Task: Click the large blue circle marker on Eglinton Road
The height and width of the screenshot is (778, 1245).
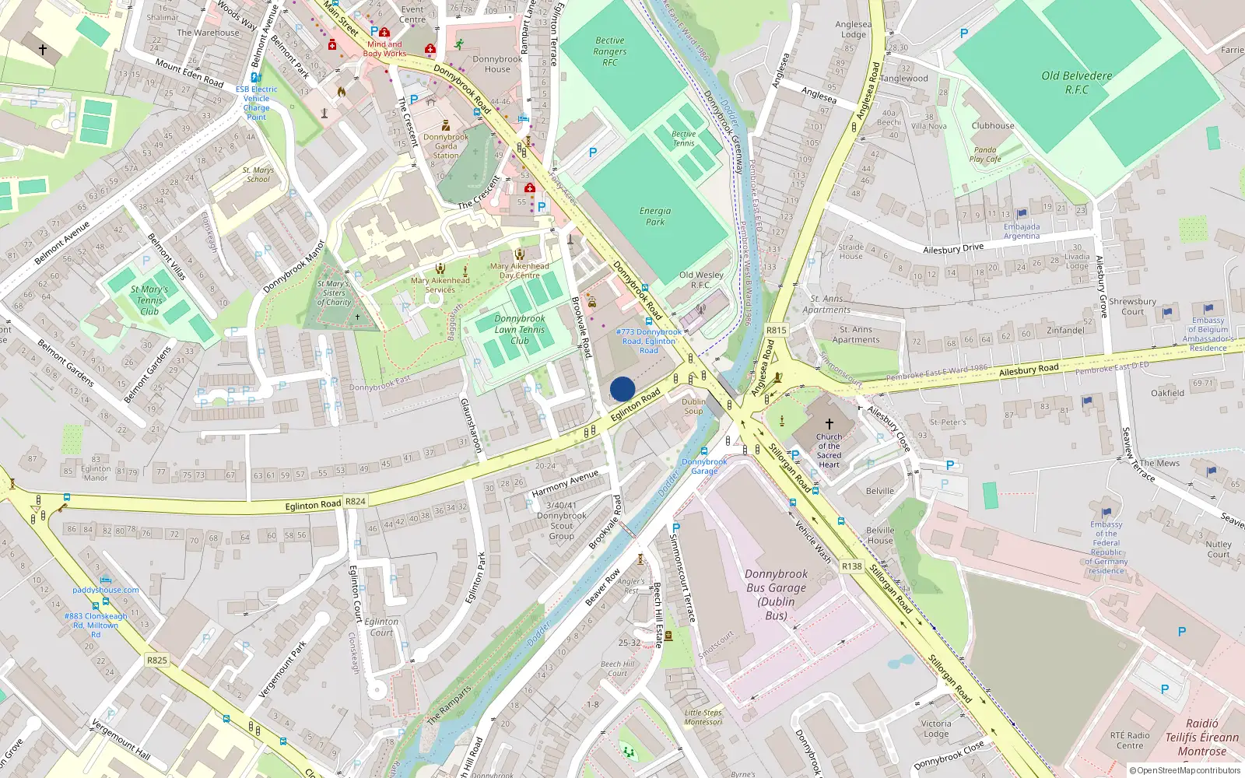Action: coord(622,389)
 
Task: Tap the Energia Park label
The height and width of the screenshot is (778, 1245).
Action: coord(655,216)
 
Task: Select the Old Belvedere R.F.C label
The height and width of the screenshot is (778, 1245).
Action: coord(1077,82)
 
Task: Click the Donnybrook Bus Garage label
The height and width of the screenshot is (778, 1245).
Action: coord(776,594)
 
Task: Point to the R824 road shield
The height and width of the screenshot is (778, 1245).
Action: coord(355,502)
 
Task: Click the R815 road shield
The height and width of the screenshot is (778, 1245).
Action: coord(776,330)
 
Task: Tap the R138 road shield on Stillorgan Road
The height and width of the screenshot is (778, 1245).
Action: coord(851,566)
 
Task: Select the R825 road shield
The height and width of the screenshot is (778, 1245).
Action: coord(157,661)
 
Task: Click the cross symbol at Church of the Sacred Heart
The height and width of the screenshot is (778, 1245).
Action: coord(829,424)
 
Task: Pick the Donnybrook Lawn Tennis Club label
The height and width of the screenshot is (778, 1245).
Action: coord(520,329)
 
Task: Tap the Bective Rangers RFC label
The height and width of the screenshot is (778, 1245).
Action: coord(610,51)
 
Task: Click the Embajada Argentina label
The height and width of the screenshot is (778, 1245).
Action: coord(1021,231)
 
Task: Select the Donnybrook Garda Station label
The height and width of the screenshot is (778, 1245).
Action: coord(446,146)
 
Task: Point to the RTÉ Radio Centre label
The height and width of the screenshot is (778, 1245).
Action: coord(1130,740)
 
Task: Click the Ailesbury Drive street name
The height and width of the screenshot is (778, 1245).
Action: coord(953,249)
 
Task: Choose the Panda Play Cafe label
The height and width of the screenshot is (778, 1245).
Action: coord(984,154)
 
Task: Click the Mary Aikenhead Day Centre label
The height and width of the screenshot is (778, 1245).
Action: coord(520,270)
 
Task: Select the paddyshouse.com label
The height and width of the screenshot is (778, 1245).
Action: coord(106,590)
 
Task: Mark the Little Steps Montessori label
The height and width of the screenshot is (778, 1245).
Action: coord(703,717)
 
